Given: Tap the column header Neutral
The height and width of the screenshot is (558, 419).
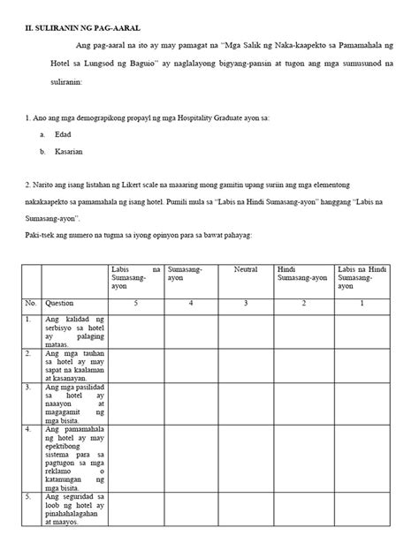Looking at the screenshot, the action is [246, 268].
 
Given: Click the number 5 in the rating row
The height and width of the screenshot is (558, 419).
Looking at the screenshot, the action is [135, 302].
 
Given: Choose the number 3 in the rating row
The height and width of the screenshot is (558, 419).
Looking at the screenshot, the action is [246, 302].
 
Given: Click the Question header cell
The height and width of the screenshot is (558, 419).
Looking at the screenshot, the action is [60, 302].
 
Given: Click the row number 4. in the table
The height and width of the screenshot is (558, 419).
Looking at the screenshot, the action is [29, 430].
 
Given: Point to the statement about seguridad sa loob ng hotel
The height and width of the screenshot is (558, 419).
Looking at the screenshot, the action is [74, 510].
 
